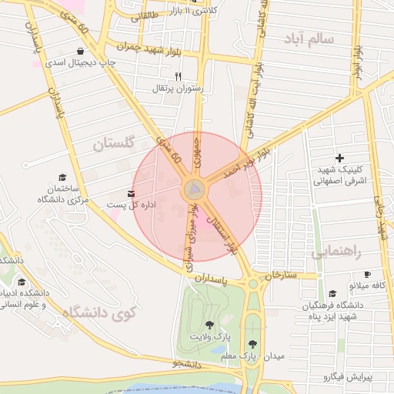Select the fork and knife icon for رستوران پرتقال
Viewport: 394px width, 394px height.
point(179,76)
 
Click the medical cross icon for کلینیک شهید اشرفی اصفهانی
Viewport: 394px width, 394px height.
point(339,158)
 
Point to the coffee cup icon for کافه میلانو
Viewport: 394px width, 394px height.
point(367,275)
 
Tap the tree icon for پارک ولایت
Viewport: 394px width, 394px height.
point(210,324)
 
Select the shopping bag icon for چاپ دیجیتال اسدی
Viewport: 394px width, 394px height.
point(81,52)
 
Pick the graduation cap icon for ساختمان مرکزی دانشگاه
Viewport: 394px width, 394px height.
point(63,177)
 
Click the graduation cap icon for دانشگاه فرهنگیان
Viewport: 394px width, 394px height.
point(332,293)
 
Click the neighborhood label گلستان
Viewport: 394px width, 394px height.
point(114,143)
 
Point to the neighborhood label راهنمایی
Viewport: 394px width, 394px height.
point(336,252)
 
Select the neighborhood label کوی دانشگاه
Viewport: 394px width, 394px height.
point(99,313)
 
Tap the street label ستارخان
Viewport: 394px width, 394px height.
point(280,275)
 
